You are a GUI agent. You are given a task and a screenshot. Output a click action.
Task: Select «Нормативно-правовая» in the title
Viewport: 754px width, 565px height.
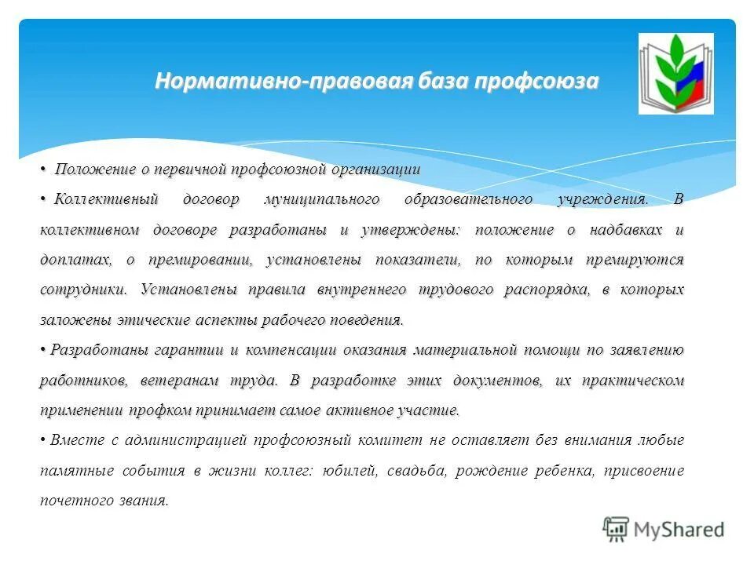(x=284, y=82)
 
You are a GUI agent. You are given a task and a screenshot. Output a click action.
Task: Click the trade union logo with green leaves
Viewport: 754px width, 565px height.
(x=675, y=73)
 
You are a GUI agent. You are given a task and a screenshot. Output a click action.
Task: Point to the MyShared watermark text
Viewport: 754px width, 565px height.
(x=680, y=530)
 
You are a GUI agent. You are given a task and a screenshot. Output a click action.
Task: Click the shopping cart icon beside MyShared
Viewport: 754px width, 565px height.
(x=617, y=529)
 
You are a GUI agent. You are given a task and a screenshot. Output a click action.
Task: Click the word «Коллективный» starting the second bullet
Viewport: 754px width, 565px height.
(x=106, y=199)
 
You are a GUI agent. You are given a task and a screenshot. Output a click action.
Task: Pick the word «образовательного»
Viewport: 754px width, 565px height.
(x=468, y=199)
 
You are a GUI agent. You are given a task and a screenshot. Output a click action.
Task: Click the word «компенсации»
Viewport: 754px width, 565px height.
(x=291, y=350)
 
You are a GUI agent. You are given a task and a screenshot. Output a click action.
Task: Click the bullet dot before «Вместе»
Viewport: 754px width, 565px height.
(x=43, y=440)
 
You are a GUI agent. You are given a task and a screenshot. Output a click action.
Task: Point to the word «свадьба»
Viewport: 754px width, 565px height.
(x=416, y=471)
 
